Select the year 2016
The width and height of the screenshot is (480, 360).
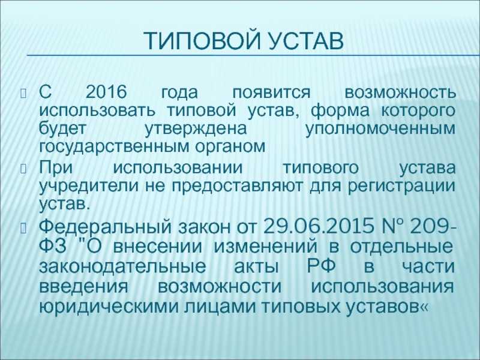click(106, 92)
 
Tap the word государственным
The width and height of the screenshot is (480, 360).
click(114, 147)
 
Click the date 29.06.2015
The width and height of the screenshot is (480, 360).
click(319, 226)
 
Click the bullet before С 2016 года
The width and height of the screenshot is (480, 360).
click(23, 93)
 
